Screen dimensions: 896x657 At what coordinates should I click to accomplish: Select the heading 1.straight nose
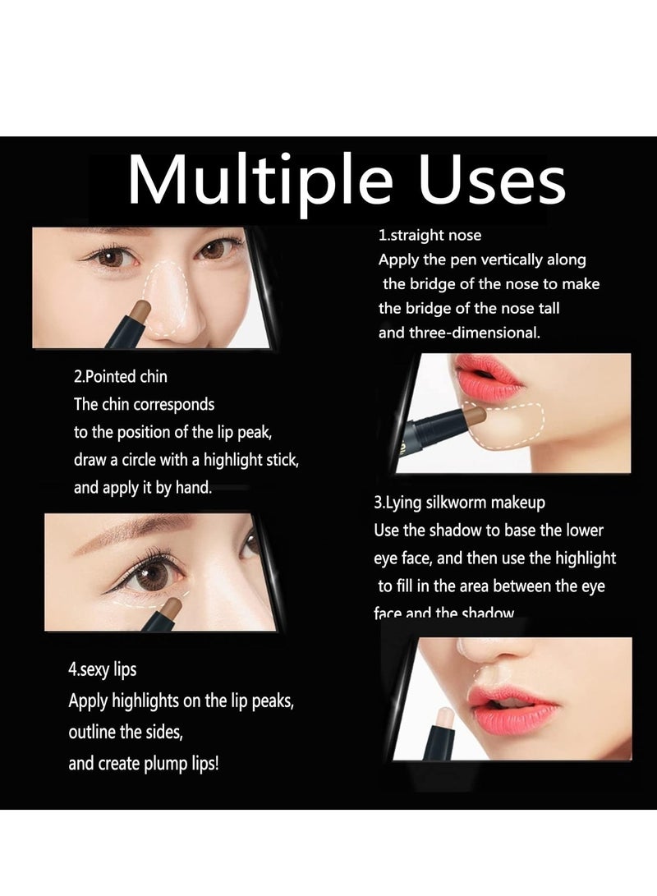coord(430,236)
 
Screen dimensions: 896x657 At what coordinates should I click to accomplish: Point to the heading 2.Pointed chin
coord(121,377)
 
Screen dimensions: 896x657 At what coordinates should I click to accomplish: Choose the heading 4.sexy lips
coord(103,669)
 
